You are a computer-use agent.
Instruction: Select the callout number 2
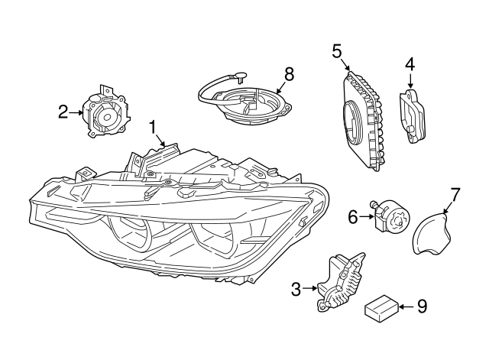coord(63,112)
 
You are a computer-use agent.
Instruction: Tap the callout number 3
coord(296,288)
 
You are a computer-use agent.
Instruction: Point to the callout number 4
coord(410,65)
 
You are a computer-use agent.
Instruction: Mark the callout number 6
coord(353,217)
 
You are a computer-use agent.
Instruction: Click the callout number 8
coord(288,73)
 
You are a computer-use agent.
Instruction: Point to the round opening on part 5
coord(352,123)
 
